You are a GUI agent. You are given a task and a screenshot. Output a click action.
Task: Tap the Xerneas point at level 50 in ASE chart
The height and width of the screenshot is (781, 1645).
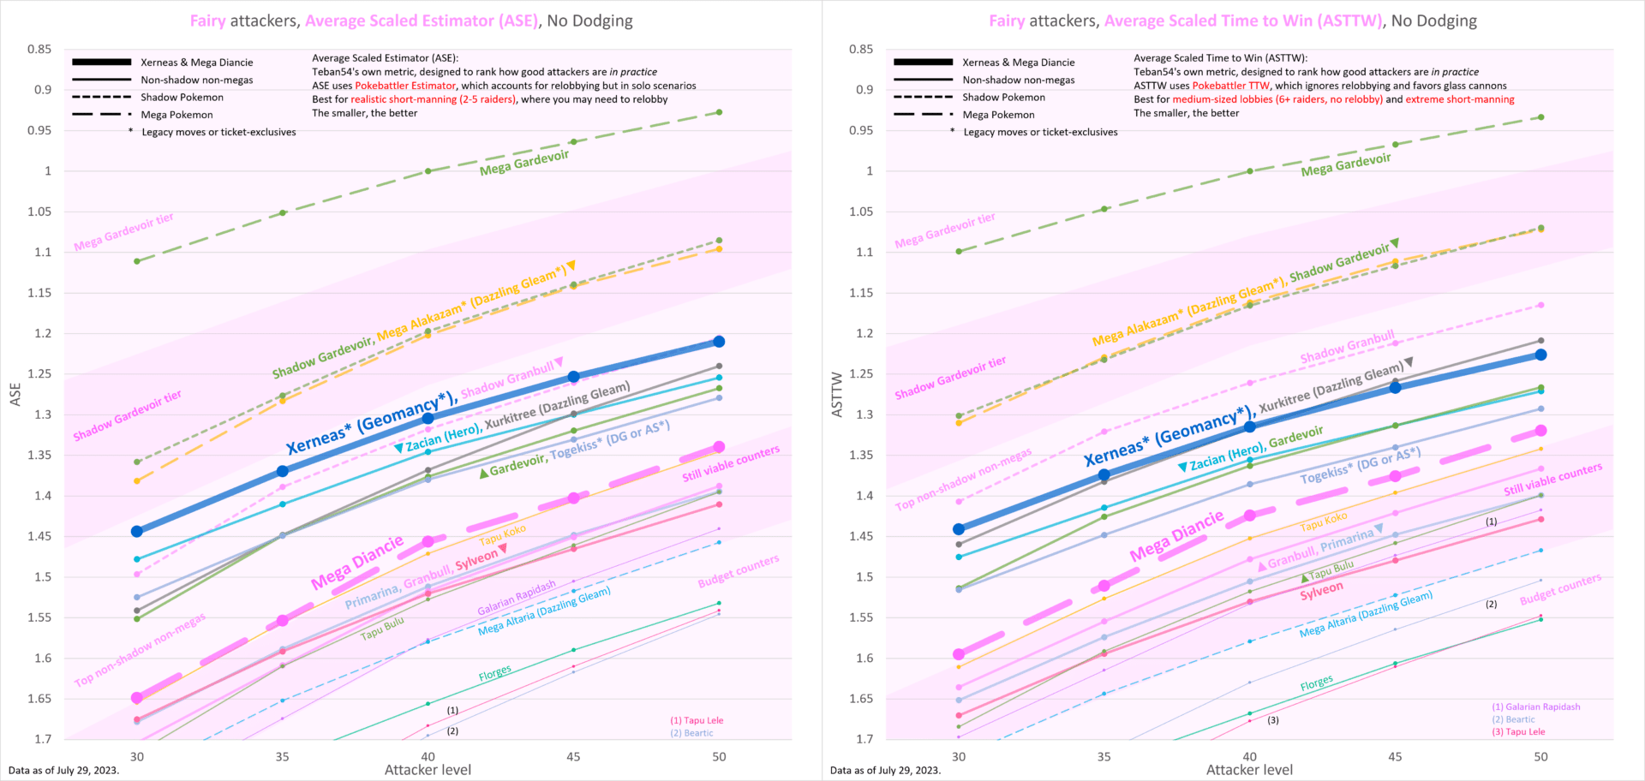point(719,342)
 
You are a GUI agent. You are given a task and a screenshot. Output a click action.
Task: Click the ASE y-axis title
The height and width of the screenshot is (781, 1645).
point(15,394)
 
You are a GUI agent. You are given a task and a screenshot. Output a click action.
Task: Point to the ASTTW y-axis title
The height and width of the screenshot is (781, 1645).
point(837,394)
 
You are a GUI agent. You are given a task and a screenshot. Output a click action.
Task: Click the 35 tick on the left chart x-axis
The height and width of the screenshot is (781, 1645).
point(282,756)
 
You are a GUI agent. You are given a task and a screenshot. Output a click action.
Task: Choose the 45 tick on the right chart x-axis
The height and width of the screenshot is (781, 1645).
point(1395,756)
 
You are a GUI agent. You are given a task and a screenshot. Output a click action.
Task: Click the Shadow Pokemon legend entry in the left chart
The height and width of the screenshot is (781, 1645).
point(182,98)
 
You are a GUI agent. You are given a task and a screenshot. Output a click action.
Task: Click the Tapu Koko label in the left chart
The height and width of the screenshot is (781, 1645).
point(502,535)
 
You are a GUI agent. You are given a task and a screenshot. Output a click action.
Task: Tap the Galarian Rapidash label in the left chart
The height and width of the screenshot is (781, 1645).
point(516,599)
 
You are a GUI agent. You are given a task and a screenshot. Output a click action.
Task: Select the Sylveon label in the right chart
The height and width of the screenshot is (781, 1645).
point(1321,591)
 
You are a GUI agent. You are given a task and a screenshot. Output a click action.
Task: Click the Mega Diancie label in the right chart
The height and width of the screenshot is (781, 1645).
point(1176,537)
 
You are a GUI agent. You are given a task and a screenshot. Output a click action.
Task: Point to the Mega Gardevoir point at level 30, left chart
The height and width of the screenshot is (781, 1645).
point(137,261)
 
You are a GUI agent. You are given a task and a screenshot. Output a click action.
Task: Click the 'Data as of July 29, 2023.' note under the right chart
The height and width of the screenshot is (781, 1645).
point(885,770)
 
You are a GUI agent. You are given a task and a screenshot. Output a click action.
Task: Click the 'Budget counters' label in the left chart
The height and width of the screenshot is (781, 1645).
point(738,571)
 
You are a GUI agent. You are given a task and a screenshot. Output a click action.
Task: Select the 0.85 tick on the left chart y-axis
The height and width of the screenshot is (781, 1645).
point(39,50)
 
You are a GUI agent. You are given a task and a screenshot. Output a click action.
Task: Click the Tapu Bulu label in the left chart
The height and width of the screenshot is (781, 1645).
point(382,629)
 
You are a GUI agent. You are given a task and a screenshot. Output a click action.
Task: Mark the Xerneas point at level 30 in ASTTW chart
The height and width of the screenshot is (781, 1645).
point(959,529)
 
